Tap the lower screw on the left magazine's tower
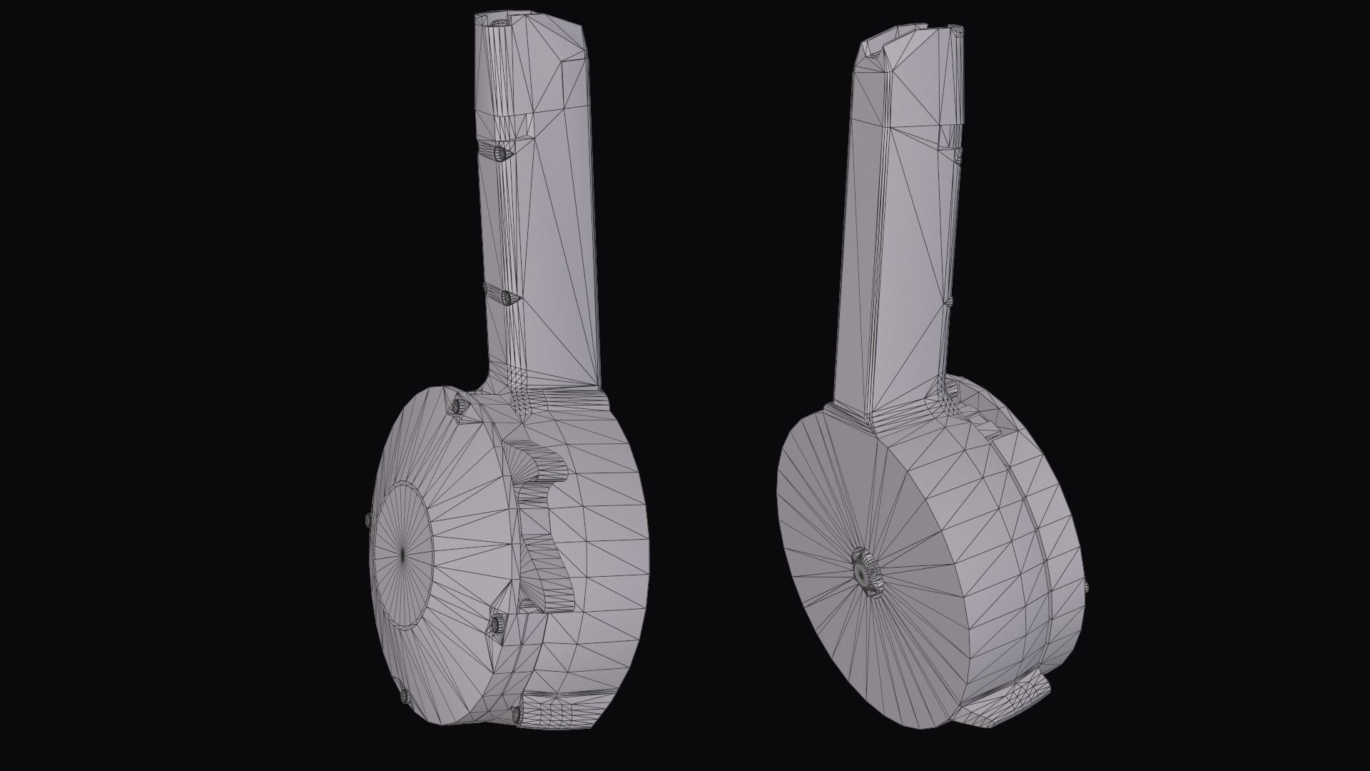point(506,297)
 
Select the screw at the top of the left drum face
point(457,406)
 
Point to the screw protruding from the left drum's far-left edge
point(367,520)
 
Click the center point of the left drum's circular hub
point(402,553)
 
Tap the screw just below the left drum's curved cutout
point(494,626)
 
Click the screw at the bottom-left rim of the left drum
point(405,694)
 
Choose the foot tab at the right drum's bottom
point(1006,706)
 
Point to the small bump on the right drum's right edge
point(1085,586)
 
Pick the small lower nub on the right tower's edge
point(949,302)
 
